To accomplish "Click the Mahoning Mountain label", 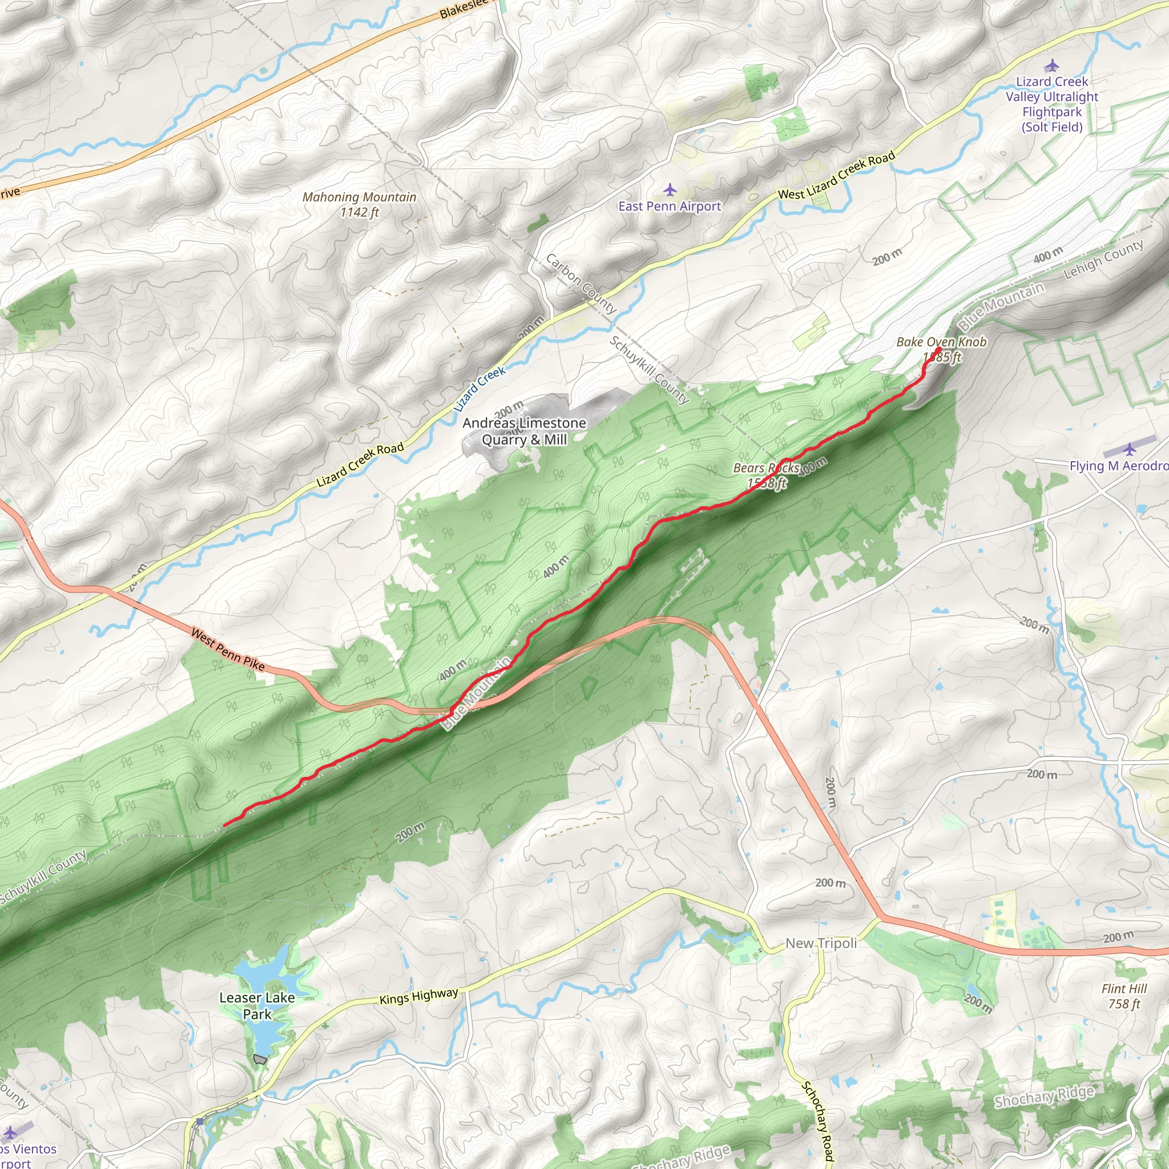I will [360, 204].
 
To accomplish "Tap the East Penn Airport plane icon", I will [669, 190].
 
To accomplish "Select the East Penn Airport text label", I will [669, 206].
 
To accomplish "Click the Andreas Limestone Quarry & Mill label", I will [524, 431].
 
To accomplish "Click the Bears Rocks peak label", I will [766, 475].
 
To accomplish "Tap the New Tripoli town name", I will [820, 944].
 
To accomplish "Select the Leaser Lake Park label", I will [257, 1006].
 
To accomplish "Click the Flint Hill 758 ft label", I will [1123, 996].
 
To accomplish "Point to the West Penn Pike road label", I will [228, 649].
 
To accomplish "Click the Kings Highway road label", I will [419, 997].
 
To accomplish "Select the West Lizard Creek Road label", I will [836, 176].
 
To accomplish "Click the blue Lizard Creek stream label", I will [479, 389].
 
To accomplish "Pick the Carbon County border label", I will [581, 284].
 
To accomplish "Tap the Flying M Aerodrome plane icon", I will [1129, 449].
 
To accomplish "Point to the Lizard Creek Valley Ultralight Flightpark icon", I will [1051, 65].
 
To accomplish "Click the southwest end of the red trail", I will [224, 825].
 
